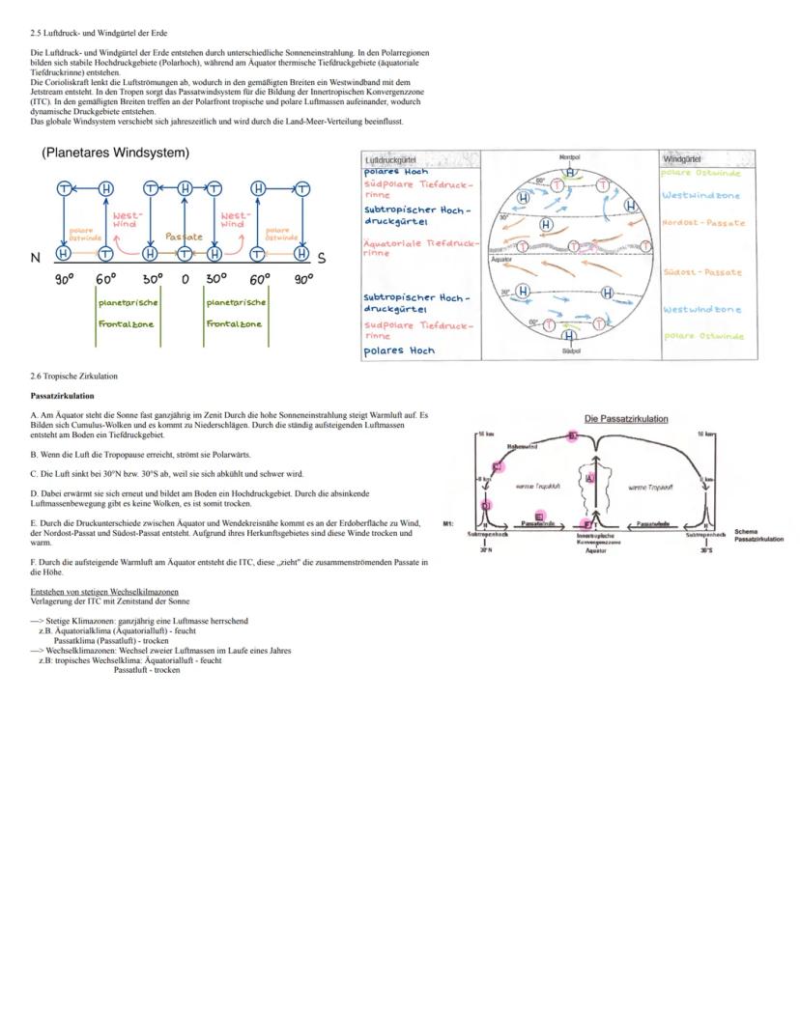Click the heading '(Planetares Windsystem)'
pyautogui.click(x=115, y=154)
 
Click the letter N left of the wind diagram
pyautogui.click(x=36, y=258)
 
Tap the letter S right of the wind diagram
pyautogui.click(x=322, y=259)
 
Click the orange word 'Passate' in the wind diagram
pyautogui.click(x=184, y=236)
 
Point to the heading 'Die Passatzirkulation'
pyautogui.click(x=626, y=418)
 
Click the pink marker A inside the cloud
pyautogui.click(x=590, y=479)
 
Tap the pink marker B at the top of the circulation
pyautogui.click(x=573, y=436)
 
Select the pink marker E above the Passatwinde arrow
pyautogui.click(x=539, y=516)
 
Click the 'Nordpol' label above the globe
pyautogui.click(x=569, y=156)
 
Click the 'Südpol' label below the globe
pyautogui.click(x=570, y=352)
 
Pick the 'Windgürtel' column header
pyautogui.click(x=683, y=159)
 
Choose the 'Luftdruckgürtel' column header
pyautogui.click(x=390, y=159)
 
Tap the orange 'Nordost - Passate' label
pyautogui.click(x=703, y=223)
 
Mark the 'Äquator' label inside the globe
pyautogui.click(x=501, y=260)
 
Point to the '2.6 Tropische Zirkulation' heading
pyautogui.click(x=73, y=376)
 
